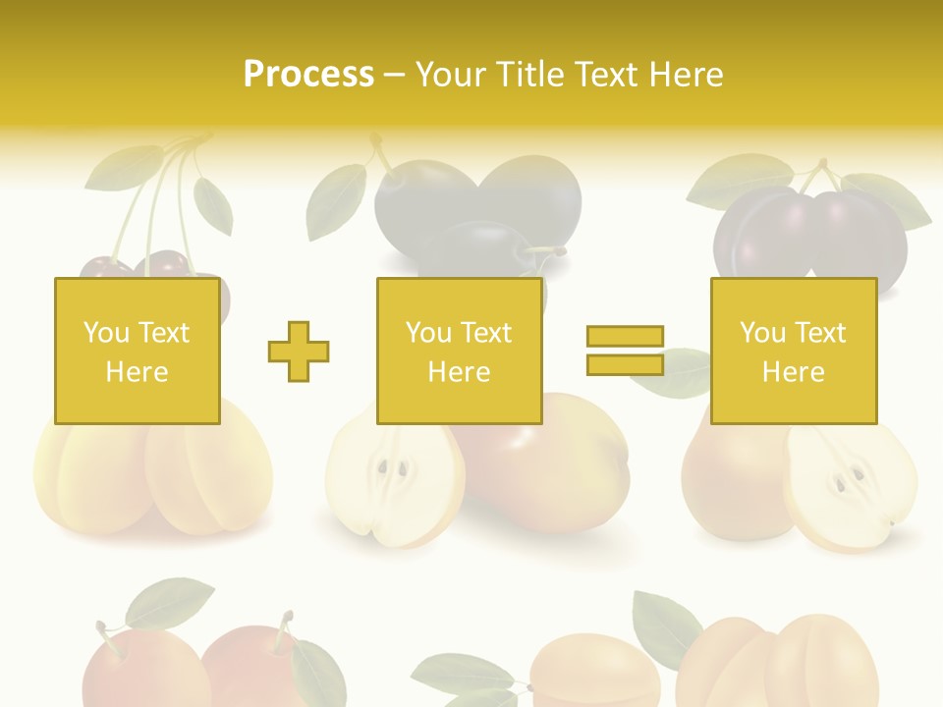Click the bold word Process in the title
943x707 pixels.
(x=308, y=74)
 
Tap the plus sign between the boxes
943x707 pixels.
(x=299, y=352)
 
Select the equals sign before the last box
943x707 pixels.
(x=625, y=351)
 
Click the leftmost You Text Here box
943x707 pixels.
(x=137, y=351)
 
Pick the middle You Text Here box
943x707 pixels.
(x=459, y=351)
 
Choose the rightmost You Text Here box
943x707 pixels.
(x=793, y=351)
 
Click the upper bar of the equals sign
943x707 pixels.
(x=625, y=337)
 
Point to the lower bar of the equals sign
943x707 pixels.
(x=625, y=364)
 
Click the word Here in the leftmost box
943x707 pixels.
(x=137, y=372)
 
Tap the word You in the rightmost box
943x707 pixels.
(x=762, y=333)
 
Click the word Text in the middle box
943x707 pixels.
(x=486, y=333)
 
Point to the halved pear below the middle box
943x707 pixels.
(x=393, y=481)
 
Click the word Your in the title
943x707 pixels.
(x=453, y=74)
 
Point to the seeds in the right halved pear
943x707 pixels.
(x=849, y=479)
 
